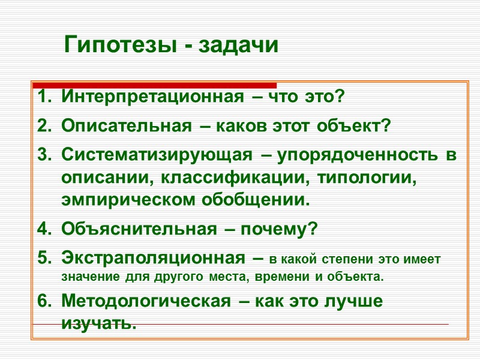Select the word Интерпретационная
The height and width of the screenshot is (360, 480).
(x=152, y=97)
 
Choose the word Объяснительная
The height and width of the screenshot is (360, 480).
(x=139, y=229)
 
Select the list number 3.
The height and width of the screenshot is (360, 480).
(x=44, y=156)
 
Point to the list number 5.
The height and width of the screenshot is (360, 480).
(x=44, y=259)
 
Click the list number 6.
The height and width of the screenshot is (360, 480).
(x=44, y=301)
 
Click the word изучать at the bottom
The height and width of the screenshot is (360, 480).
(x=98, y=324)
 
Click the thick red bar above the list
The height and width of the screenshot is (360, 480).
(x=155, y=85)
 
